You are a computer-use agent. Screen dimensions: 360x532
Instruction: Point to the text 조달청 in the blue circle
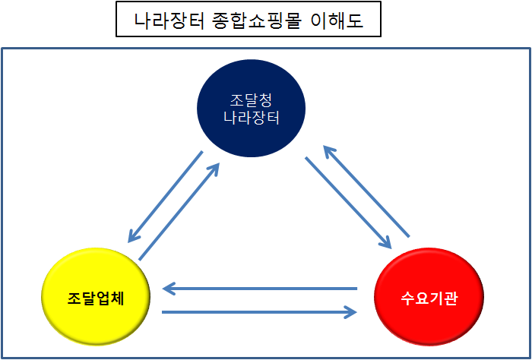click(251, 99)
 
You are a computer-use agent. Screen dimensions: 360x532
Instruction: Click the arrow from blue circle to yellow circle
click(165, 196)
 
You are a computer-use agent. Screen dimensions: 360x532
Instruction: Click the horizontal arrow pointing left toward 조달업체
click(260, 289)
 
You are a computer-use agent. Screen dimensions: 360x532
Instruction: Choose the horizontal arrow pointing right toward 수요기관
click(260, 311)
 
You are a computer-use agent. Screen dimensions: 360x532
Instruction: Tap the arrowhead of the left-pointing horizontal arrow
click(168, 289)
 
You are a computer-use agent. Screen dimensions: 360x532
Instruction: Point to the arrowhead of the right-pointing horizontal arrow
click(352, 311)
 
